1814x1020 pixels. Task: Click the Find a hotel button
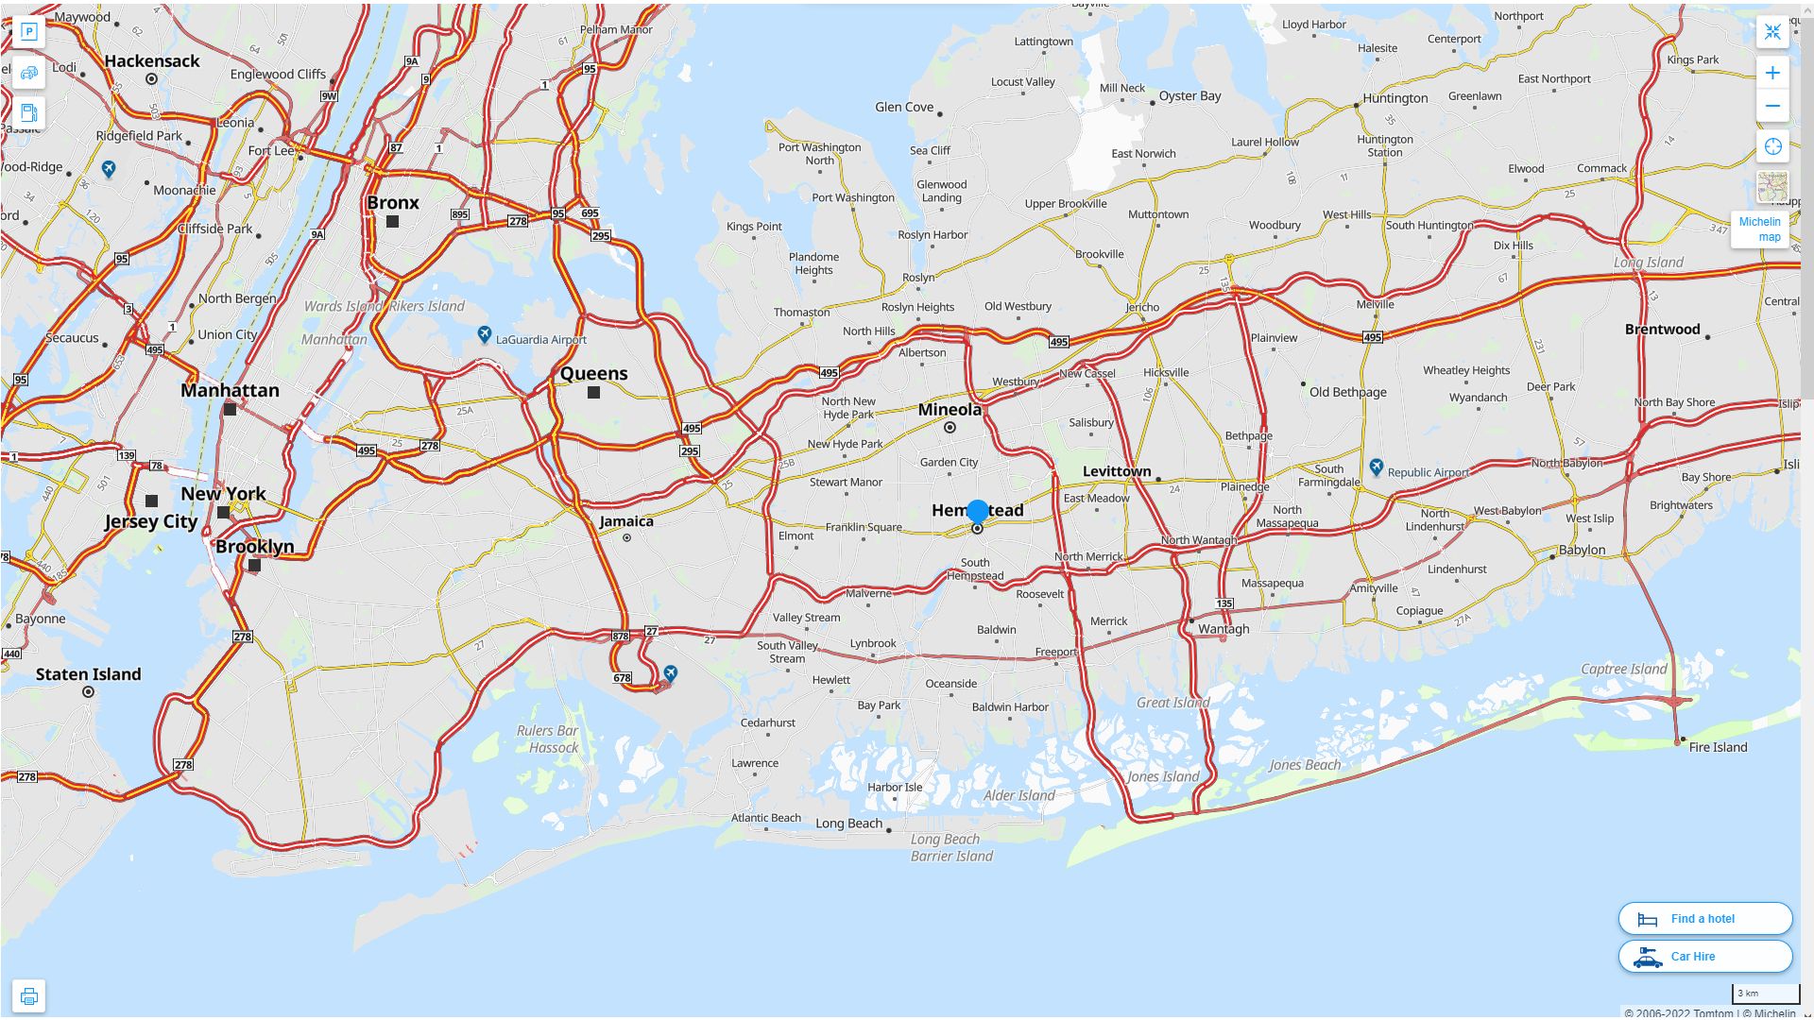coord(1704,918)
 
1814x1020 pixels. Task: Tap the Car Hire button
coord(1704,956)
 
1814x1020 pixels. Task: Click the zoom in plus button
coord(1772,73)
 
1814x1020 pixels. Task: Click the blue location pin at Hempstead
coord(978,512)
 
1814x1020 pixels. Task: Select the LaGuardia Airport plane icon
coord(484,335)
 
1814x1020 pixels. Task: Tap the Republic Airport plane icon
coord(1377,467)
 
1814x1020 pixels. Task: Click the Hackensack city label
coord(152,61)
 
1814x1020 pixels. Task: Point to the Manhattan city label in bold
coord(230,390)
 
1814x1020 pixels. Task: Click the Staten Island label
coord(88,674)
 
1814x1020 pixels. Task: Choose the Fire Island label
coord(1718,747)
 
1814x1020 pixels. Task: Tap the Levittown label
coord(1117,471)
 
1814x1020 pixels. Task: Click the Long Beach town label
coord(848,824)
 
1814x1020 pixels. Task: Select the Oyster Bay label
coord(1189,95)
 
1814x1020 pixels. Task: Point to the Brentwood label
coord(1662,330)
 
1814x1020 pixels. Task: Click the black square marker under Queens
coord(593,392)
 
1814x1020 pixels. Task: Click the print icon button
coord(28,996)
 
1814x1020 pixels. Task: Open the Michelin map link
coord(1759,229)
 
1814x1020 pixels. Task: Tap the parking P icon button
coord(28,32)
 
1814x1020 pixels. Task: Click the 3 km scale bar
coord(1765,994)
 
